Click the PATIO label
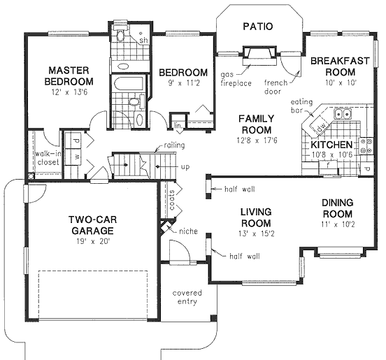(x=258, y=27)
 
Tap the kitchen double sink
(x=343, y=114)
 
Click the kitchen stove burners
(x=366, y=146)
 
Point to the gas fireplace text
(x=236, y=79)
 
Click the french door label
(x=276, y=87)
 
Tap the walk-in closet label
(x=48, y=158)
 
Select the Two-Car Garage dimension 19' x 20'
(x=92, y=242)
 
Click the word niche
(x=188, y=231)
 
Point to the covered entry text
(x=187, y=297)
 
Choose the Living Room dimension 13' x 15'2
(x=256, y=233)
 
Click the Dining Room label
(x=338, y=208)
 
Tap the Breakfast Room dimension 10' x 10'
(x=341, y=82)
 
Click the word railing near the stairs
(x=174, y=145)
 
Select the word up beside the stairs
(x=185, y=167)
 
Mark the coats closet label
(x=171, y=200)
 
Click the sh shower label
(x=143, y=40)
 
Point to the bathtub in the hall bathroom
(x=127, y=84)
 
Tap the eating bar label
(x=301, y=106)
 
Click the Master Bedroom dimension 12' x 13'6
(x=69, y=92)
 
